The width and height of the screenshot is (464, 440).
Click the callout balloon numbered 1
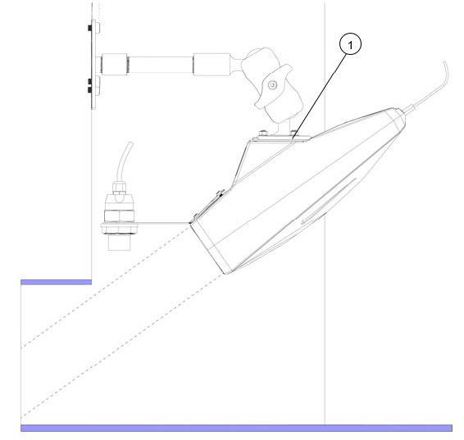tap(350, 44)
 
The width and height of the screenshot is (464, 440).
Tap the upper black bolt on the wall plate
tap(90, 28)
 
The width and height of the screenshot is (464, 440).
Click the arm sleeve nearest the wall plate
tap(115, 64)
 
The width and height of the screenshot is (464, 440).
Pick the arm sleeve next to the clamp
tap(212, 65)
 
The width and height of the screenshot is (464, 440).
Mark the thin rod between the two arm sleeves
tap(161, 64)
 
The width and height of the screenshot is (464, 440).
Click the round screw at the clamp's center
tap(272, 85)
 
